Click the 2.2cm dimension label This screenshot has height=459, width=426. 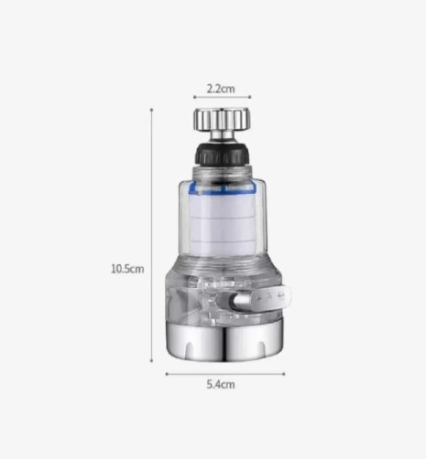click(x=221, y=89)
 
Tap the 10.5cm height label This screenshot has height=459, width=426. click(x=127, y=269)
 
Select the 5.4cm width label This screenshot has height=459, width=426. click(x=221, y=384)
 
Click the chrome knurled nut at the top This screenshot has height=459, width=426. click(x=223, y=119)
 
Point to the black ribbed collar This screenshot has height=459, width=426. click(x=223, y=155)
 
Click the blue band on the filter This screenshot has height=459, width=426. click(x=222, y=187)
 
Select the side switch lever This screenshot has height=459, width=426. click(x=263, y=298)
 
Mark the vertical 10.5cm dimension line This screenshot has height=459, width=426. click(x=152, y=235)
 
